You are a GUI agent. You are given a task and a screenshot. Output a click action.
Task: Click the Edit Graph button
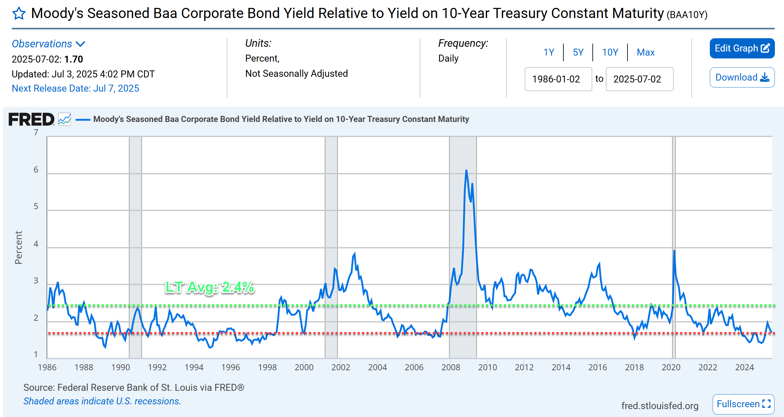(x=742, y=48)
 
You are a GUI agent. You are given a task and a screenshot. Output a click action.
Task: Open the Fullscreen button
(x=743, y=404)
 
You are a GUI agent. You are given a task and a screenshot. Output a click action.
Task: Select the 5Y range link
(x=578, y=52)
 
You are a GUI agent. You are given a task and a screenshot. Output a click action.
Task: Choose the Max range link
(x=645, y=52)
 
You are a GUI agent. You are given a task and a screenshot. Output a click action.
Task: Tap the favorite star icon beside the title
(x=19, y=14)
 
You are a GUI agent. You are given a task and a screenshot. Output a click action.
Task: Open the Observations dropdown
(x=48, y=44)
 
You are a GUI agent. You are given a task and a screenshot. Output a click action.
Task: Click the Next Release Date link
(x=75, y=88)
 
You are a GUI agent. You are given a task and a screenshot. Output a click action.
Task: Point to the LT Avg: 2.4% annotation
(x=210, y=287)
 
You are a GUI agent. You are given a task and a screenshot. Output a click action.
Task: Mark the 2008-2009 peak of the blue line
(x=466, y=171)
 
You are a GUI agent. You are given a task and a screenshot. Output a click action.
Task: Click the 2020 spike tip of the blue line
(x=674, y=251)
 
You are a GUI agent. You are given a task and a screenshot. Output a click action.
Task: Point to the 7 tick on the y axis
(x=36, y=133)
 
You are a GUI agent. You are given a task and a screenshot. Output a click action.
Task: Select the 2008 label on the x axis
(x=450, y=367)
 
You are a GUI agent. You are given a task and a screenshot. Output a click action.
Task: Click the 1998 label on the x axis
(x=267, y=367)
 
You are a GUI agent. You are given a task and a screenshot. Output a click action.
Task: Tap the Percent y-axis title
(x=19, y=247)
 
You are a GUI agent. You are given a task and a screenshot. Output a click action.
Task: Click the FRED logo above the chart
(x=31, y=119)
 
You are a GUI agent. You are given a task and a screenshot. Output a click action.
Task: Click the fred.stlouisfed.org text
(x=660, y=406)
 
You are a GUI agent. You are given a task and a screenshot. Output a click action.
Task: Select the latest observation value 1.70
(x=74, y=59)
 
